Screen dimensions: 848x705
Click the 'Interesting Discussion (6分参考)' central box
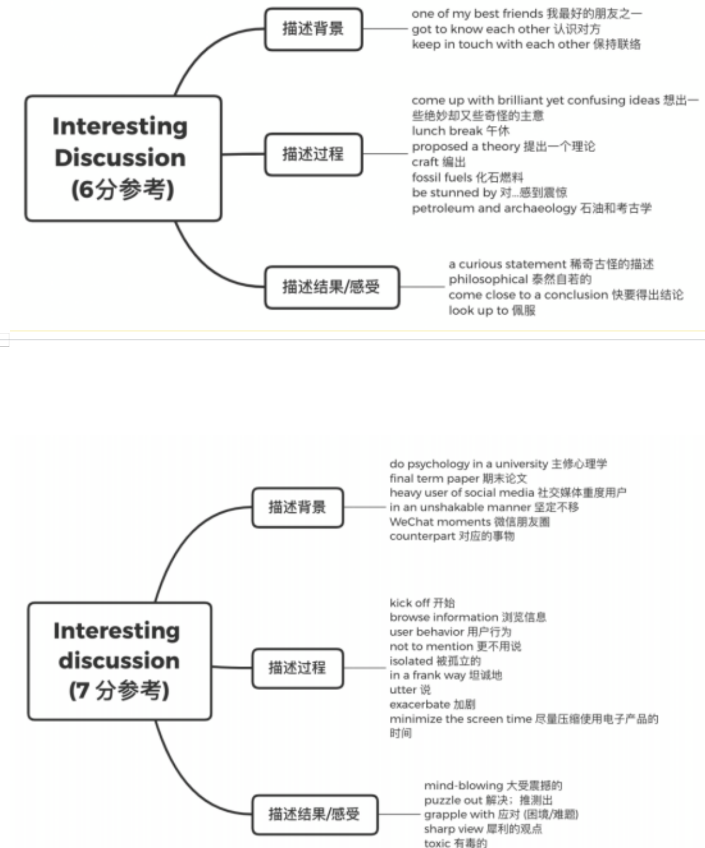[x=123, y=159]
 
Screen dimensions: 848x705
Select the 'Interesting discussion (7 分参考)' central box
[x=119, y=661]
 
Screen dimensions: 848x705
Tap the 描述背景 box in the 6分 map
[x=313, y=29]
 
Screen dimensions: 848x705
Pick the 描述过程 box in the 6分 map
[x=313, y=154]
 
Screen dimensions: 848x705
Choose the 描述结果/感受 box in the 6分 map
[x=332, y=287]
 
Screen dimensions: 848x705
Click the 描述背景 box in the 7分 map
[x=297, y=507]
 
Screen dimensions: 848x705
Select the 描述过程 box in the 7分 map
[x=297, y=667]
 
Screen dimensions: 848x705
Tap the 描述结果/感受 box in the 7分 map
[x=314, y=814]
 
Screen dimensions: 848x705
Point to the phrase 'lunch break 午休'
[x=460, y=131]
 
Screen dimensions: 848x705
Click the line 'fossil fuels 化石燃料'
[x=467, y=177]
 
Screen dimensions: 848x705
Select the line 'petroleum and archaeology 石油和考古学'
[x=531, y=208]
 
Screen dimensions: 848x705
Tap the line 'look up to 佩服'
[x=492, y=311]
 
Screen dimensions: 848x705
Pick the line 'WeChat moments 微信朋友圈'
[x=470, y=522]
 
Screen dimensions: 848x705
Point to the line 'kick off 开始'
[x=422, y=603]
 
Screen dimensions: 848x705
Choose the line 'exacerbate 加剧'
[x=432, y=704]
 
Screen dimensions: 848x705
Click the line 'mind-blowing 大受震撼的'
[x=493, y=786]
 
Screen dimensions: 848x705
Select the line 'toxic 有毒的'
[x=455, y=843]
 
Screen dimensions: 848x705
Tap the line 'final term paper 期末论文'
[x=458, y=478]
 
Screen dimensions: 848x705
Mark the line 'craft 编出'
[x=439, y=162]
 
